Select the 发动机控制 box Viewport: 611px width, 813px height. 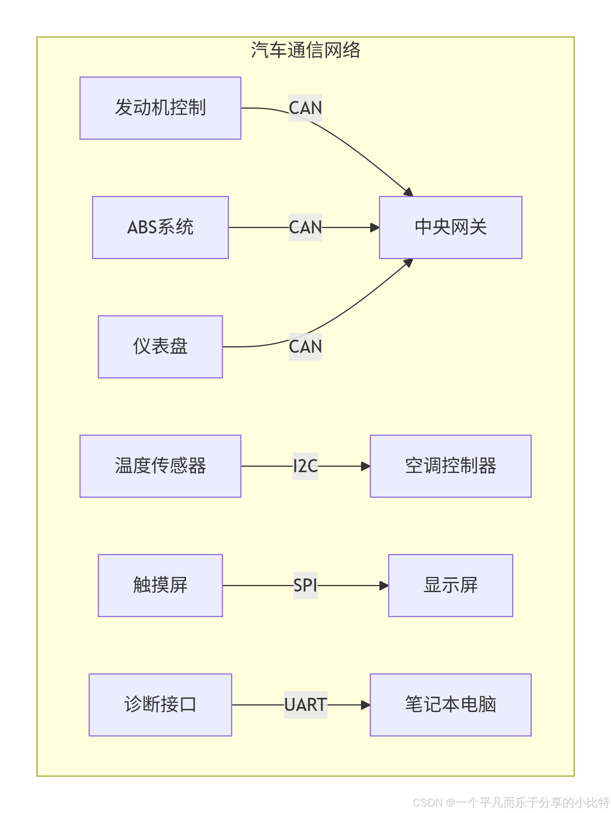[x=160, y=108]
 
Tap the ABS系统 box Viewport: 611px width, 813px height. [x=160, y=227]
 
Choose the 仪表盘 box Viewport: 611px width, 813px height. [x=160, y=347]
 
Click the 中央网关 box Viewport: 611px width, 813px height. [x=450, y=227]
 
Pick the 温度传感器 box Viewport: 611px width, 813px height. [x=160, y=466]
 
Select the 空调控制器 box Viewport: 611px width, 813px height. [x=450, y=466]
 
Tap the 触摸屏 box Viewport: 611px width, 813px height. [x=160, y=585]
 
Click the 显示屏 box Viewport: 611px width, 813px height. [x=450, y=585]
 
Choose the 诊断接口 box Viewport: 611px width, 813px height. [x=160, y=705]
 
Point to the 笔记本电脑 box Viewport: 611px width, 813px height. [x=450, y=705]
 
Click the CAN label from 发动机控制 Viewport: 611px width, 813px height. [x=305, y=108]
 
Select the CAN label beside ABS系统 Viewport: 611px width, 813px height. [x=305, y=227]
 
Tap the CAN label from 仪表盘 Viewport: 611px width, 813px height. [x=305, y=347]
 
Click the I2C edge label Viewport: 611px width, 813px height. [x=305, y=466]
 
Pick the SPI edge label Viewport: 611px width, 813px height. [x=305, y=585]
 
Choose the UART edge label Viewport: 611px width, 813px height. [x=305, y=705]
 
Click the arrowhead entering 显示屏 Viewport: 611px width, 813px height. [x=384, y=585]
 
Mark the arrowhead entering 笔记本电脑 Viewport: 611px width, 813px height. [x=366, y=705]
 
